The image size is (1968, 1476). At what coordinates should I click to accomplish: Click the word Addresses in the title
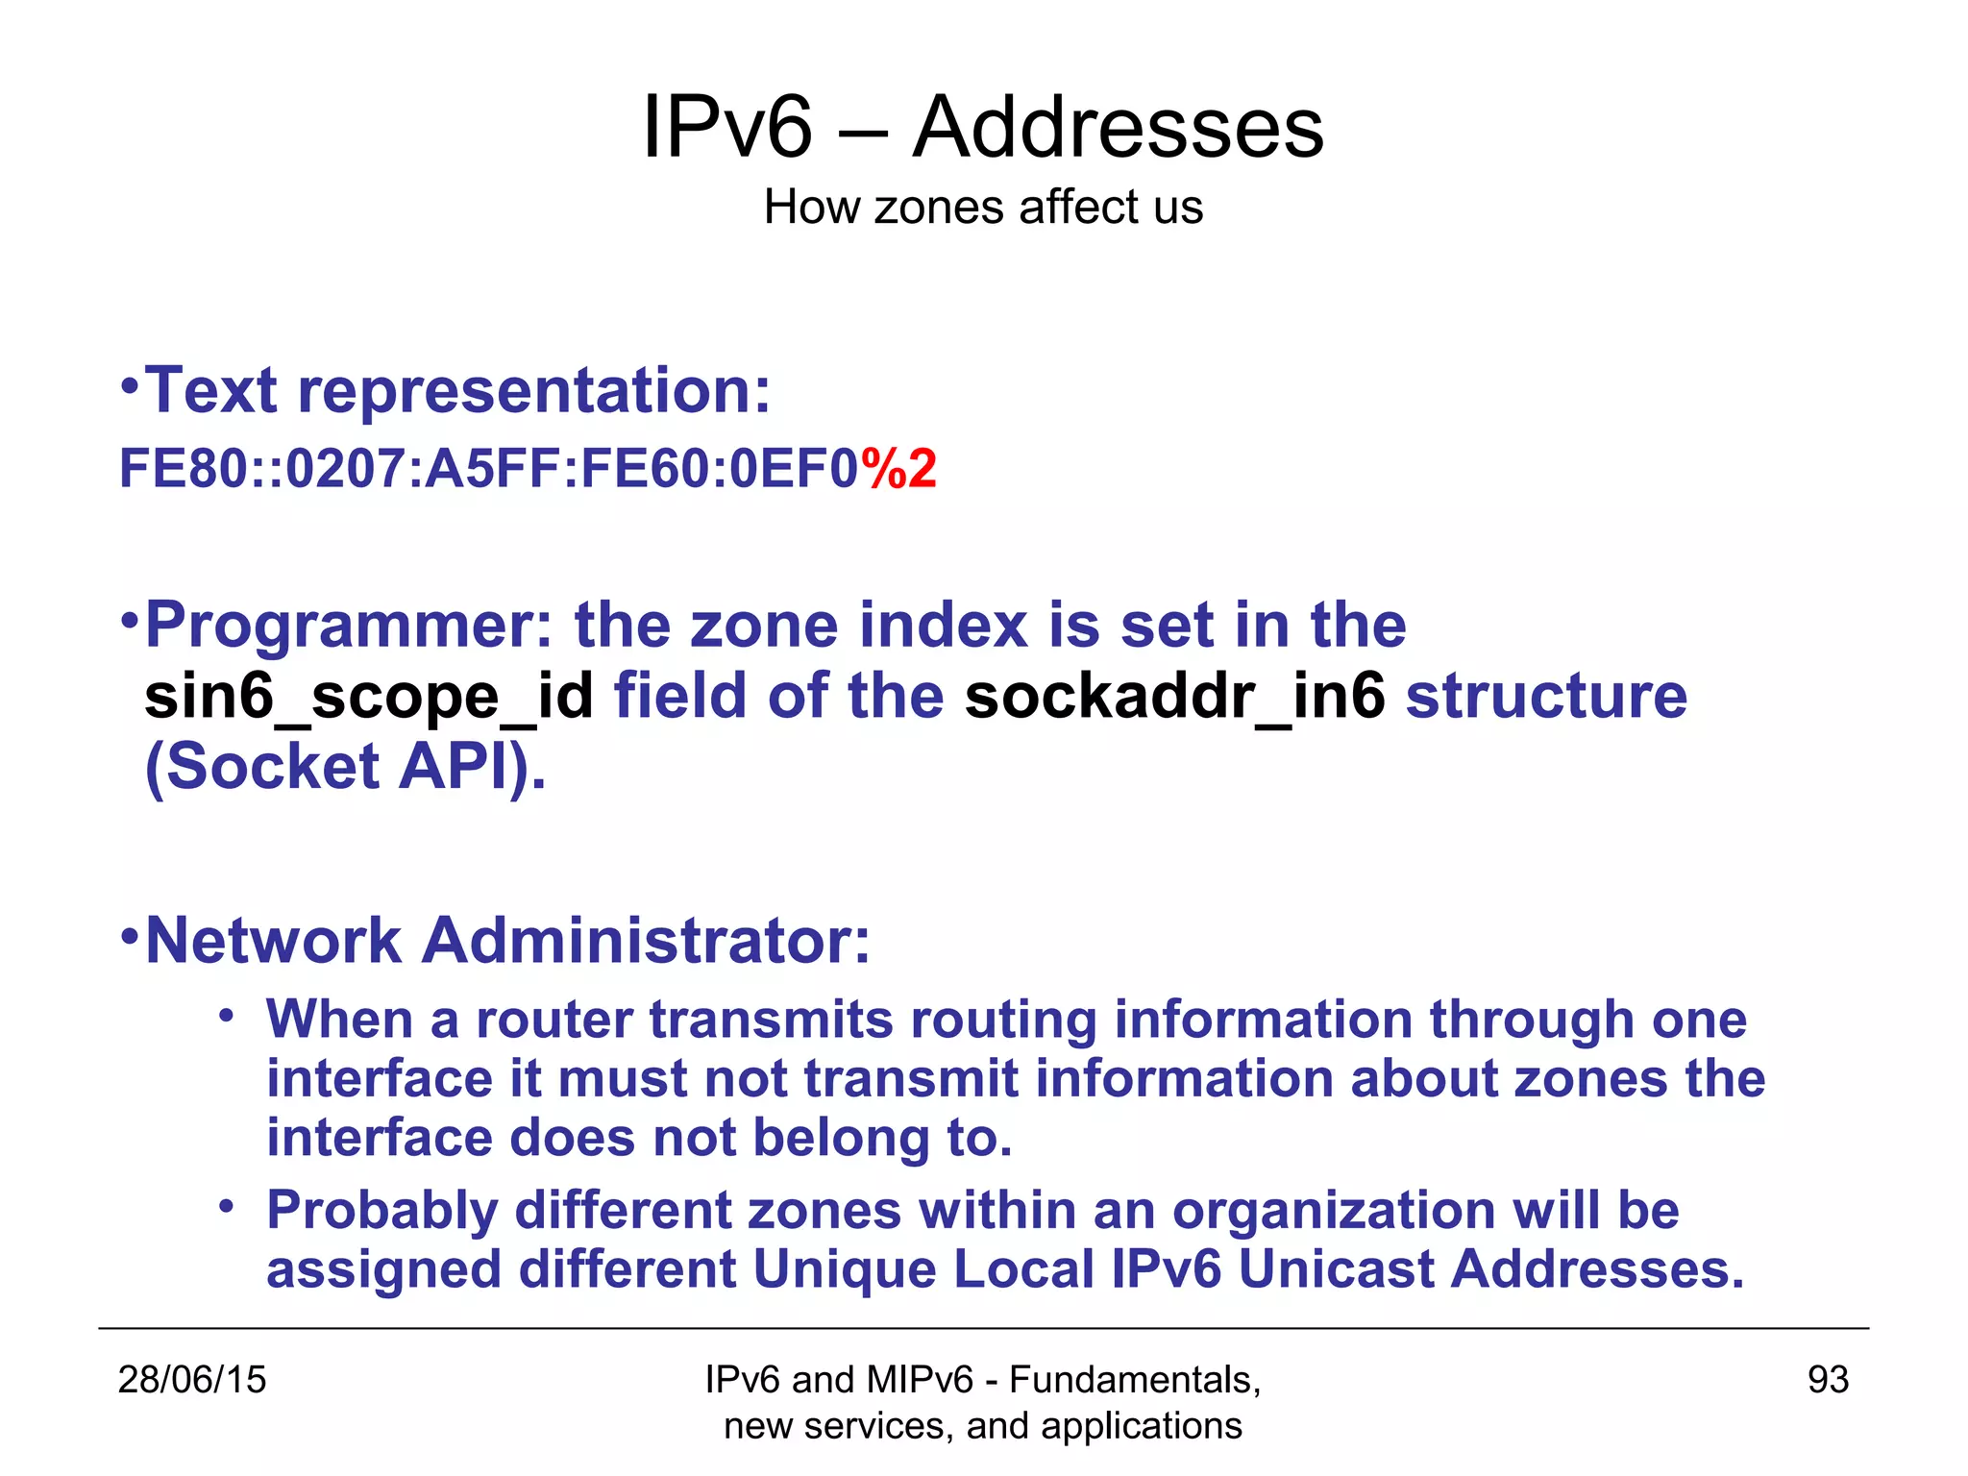(x=1118, y=128)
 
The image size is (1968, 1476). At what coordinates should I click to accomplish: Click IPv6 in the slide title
(x=727, y=128)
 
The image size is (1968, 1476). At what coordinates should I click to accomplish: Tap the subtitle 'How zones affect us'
(x=983, y=207)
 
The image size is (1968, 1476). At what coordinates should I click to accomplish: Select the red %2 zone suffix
(x=898, y=469)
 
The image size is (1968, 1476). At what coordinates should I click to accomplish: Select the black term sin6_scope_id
(x=369, y=696)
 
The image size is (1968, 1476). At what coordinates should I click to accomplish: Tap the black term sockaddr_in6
(x=1174, y=696)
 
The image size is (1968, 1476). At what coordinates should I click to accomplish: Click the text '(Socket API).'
(x=345, y=767)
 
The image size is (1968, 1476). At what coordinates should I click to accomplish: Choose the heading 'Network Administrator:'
(x=507, y=940)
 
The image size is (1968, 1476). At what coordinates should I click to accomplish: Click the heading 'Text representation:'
(x=456, y=391)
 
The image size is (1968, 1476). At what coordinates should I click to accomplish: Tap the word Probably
(x=381, y=1210)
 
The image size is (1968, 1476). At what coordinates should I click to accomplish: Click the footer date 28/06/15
(x=191, y=1380)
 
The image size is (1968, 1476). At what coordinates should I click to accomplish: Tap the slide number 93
(x=1828, y=1380)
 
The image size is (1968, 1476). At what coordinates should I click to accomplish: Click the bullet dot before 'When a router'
(x=226, y=1016)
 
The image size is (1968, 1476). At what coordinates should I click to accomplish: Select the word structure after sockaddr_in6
(x=1546, y=696)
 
